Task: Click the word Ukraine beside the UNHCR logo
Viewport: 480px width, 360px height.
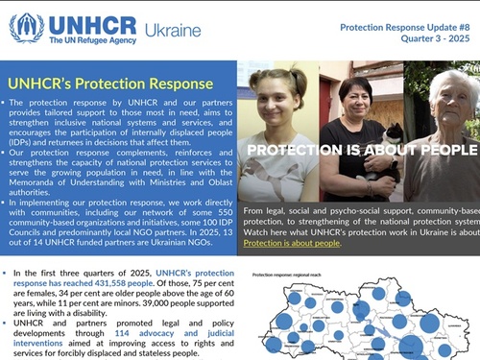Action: [173, 30]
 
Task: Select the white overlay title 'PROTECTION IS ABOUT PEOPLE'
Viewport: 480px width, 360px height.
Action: [360, 150]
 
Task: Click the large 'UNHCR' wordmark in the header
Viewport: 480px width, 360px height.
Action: [91, 23]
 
